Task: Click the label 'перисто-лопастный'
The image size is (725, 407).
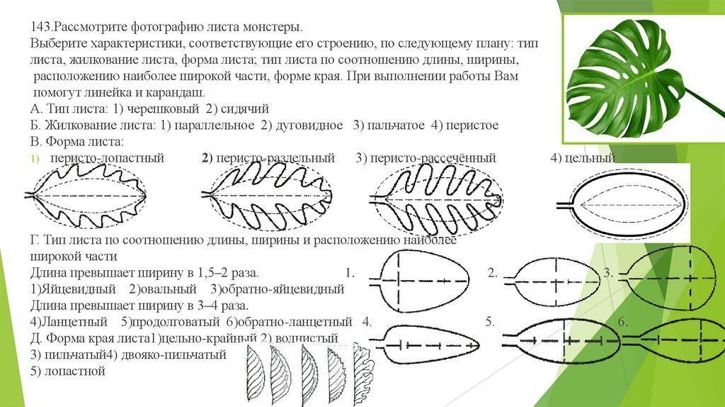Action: click(107, 157)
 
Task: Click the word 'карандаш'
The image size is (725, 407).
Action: click(173, 93)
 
